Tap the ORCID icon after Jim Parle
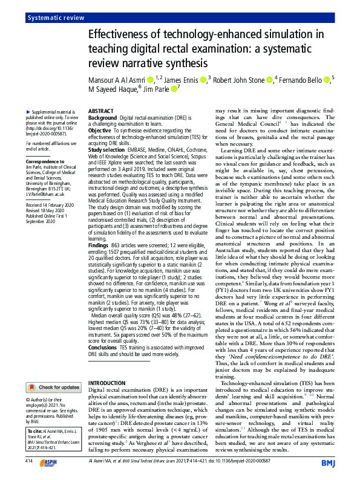175,89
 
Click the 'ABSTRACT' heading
100,112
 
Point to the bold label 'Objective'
100,130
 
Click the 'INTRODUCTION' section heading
108,384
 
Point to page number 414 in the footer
29,462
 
